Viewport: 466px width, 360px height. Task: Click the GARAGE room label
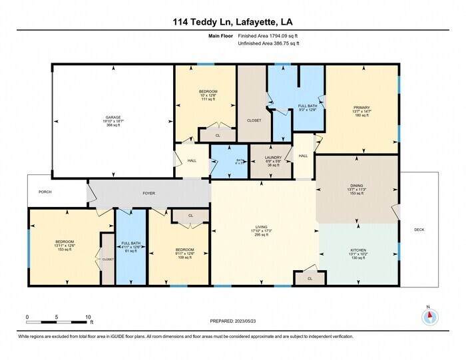113,116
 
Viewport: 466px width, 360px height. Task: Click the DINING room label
357,186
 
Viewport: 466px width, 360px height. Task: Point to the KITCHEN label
358,251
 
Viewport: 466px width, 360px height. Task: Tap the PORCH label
45,192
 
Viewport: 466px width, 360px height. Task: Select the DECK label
419,230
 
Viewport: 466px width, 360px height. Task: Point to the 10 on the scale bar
88,317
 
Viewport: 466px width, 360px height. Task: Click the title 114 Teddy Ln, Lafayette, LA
233,22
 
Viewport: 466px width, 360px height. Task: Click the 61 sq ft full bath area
130,251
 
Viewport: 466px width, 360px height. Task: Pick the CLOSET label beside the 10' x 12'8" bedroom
253,121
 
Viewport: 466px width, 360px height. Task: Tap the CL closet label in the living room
310,278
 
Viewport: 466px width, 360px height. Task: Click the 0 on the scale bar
27,317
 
